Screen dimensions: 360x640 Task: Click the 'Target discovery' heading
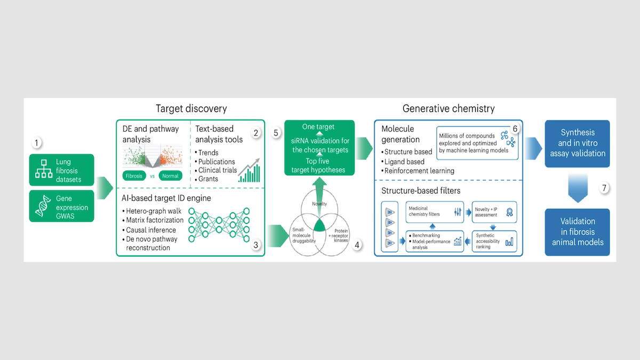[x=191, y=109]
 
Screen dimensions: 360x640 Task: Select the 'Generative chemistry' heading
[x=449, y=109]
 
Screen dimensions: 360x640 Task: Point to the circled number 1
[x=36, y=143]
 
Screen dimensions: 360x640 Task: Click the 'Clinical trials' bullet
[x=216, y=170]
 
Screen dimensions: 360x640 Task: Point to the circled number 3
[x=256, y=245]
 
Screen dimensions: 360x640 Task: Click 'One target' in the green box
[x=318, y=127]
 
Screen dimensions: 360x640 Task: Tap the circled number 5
[x=276, y=133]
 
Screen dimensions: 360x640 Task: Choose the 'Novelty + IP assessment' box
[x=494, y=212]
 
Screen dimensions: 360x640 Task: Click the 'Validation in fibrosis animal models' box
[x=577, y=231]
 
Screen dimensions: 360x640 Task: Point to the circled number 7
[x=603, y=188]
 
